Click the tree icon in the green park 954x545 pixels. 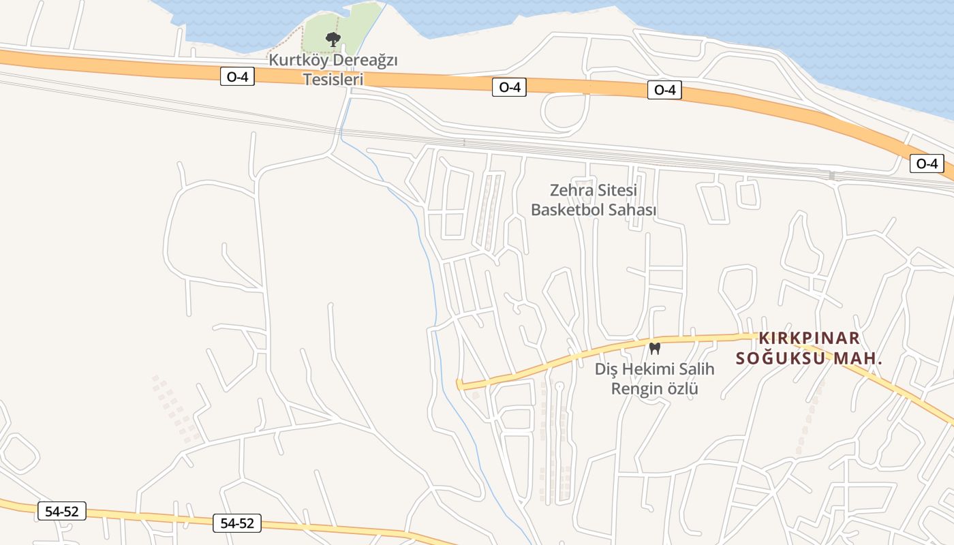(333, 39)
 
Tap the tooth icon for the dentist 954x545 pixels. (655, 348)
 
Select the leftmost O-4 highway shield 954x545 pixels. (237, 77)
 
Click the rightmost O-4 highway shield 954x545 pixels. (927, 163)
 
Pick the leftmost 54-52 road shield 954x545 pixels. (61, 511)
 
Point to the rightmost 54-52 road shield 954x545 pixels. (237, 523)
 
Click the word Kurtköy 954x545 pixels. (295, 60)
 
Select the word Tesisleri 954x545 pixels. (333, 79)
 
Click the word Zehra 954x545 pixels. (572, 190)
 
